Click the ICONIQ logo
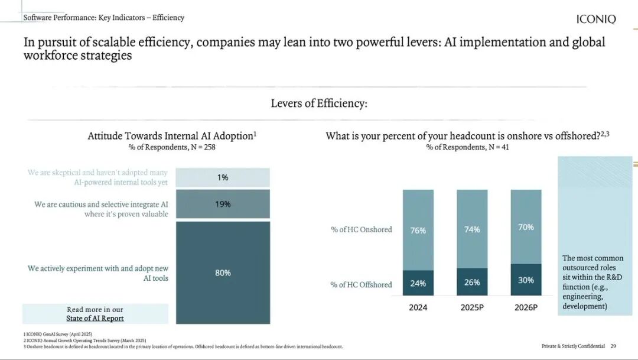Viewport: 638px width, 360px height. pos(595,19)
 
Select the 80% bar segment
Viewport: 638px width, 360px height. pos(223,273)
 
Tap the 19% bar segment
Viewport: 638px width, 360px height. pos(223,204)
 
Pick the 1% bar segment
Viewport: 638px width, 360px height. pos(223,177)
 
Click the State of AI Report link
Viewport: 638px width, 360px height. pos(95,318)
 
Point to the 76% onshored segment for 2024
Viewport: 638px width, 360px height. pos(418,230)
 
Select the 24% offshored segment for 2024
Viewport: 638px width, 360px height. pos(418,283)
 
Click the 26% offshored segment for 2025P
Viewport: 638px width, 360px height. pos(472,281)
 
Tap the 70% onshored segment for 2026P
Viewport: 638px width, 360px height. pos(526,226)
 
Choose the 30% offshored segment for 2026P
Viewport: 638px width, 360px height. pos(526,280)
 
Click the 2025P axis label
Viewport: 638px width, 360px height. pos(472,307)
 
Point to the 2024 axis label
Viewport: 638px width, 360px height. pos(418,307)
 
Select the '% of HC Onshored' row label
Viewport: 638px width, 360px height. pos(361,229)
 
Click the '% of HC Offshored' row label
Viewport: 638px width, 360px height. pos(361,284)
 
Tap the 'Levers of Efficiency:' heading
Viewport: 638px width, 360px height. pos(319,103)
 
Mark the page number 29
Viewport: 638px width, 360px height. pos(613,346)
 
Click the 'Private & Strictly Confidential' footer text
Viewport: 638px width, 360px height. pos(573,346)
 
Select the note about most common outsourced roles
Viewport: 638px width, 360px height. pos(593,282)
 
